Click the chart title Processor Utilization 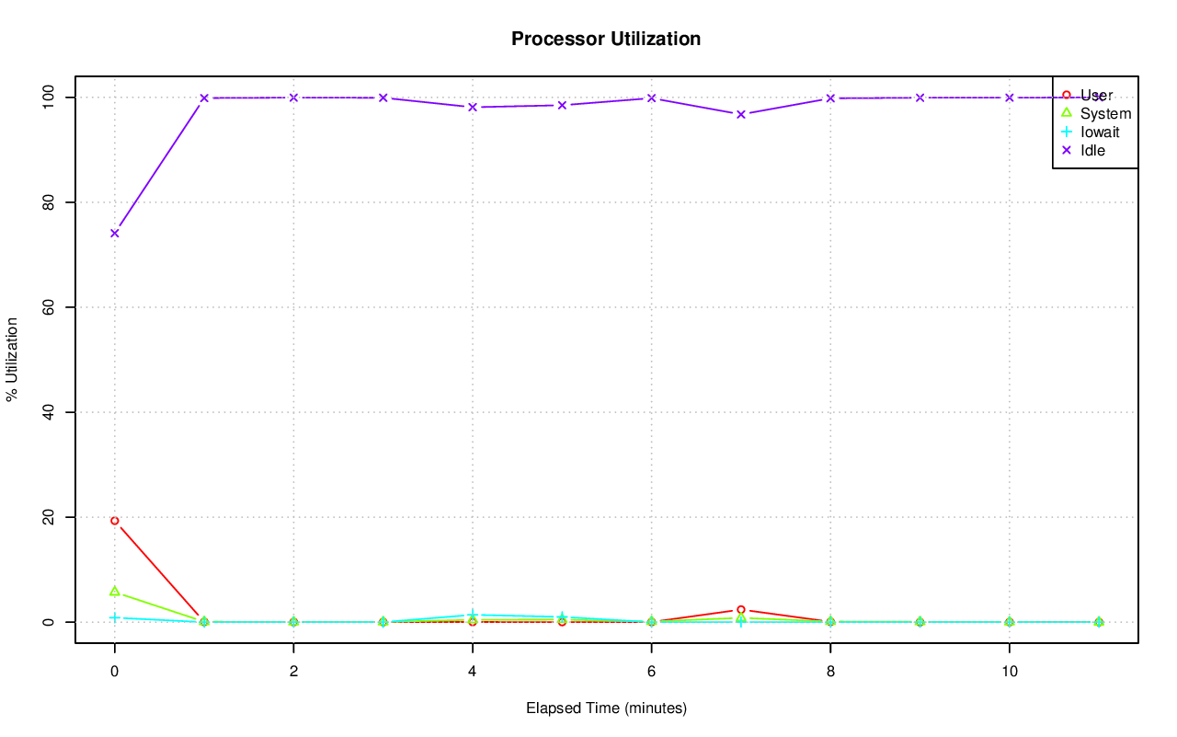click(606, 39)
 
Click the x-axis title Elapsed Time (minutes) click(606, 708)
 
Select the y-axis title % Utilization click(12, 360)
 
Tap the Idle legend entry click(1092, 150)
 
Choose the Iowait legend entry click(1100, 132)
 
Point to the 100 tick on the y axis click(52, 98)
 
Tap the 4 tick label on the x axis click(473, 673)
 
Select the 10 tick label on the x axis click(1010, 673)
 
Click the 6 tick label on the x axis click(651, 673)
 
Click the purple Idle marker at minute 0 click(115, 233)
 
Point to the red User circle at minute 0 click(115, 521)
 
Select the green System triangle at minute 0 click(115, 591)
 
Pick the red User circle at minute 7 click(741, 609)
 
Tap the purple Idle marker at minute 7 click(741, 114)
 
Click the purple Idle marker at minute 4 click(473, 107)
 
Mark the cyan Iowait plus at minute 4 click(473, 615)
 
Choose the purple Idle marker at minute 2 click(293, 98)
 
